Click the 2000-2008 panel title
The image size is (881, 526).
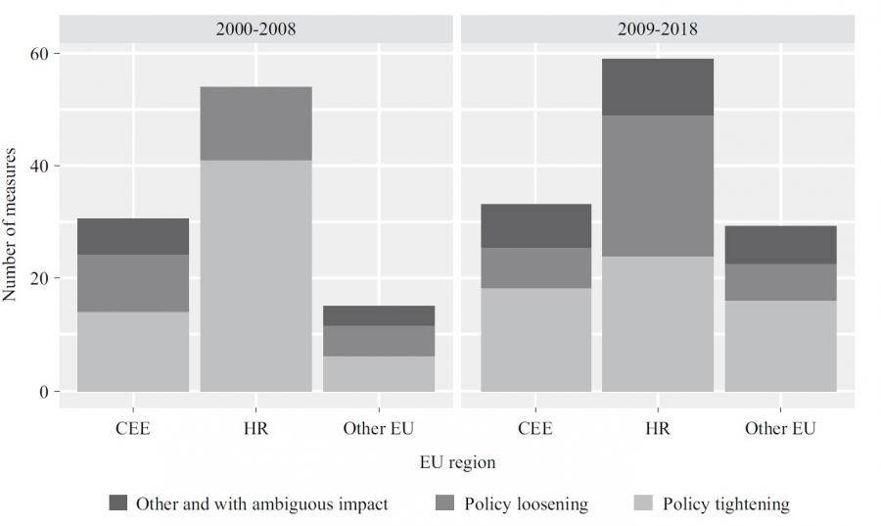255,28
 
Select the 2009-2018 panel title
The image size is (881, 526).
657,28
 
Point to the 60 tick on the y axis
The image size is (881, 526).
44,53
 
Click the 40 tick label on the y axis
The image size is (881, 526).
44,166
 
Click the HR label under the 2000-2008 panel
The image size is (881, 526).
255,429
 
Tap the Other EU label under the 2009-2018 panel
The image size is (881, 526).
780,429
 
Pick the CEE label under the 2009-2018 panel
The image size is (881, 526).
534,429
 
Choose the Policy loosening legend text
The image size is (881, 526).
527,504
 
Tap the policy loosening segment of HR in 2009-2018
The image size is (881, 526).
657,186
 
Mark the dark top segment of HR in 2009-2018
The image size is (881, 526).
657,87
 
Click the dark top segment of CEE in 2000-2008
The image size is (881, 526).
133,236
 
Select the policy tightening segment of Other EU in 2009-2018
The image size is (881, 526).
780,346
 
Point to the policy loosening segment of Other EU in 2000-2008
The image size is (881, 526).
379,341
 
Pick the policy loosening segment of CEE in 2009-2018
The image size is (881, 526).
534,267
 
